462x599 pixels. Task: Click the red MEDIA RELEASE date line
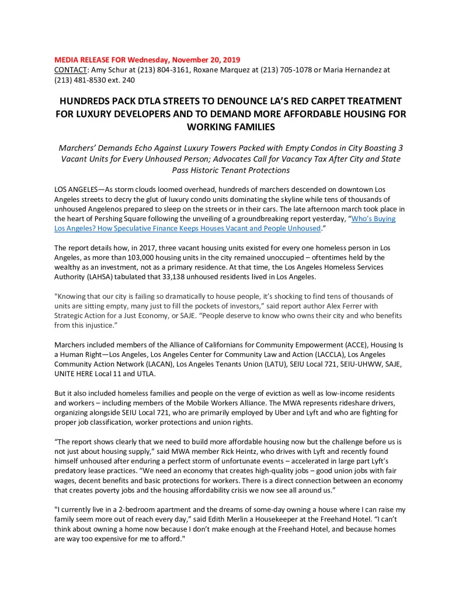[147, 60]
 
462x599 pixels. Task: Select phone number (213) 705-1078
[276, 70]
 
